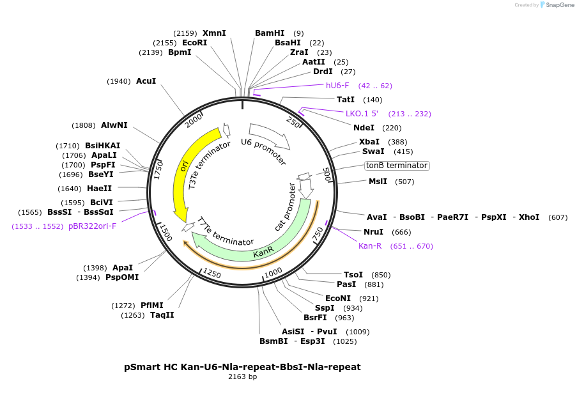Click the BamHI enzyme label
tap(269, 33)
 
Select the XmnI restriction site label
tap(214, 33)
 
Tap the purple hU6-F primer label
tap(337, 85)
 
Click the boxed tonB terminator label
tap(396, 166)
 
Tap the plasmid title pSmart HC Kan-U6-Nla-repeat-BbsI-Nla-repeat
tap(242, 367)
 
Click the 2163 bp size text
tap(242, 377)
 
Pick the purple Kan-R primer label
tap(369, 246)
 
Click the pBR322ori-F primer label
tap(92, 226)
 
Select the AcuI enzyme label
tap(146, 81)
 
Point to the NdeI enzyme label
tap(364, 127)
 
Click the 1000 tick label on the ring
tap(273, 272)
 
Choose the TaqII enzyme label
tap(162, 315)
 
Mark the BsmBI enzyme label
tap(273, 341)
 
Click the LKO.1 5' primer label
tap(362, 114)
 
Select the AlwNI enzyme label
tap(114, 125)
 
